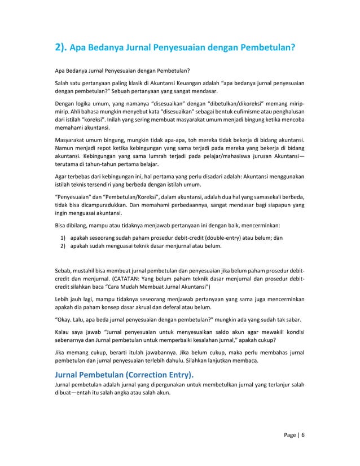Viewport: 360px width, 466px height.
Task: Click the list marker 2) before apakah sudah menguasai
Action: [x=63, y=247]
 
